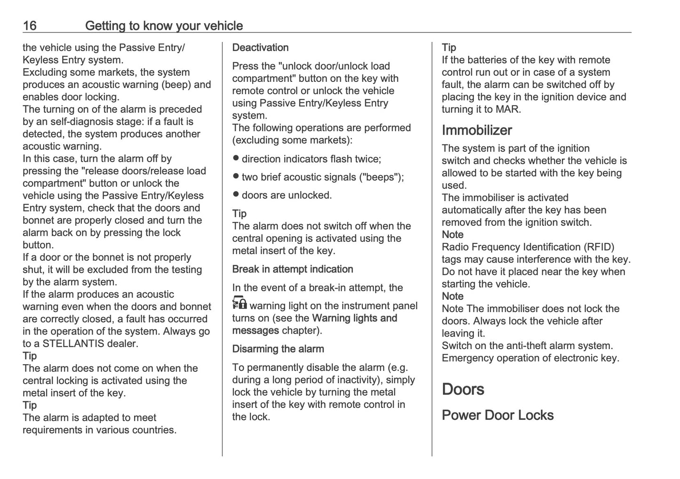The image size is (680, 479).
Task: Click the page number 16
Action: point(30,26)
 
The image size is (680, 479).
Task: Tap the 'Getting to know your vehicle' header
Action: point(164,26)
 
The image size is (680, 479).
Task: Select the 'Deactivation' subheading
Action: point(260,48)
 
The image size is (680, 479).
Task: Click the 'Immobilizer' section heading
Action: point(477,130)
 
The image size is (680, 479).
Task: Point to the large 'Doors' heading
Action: point(463,389)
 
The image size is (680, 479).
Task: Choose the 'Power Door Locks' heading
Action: point(497,415)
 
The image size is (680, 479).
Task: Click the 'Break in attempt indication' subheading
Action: point(292,269)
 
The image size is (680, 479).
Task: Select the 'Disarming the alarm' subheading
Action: point(278,349)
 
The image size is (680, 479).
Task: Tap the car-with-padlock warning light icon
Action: point(240,303)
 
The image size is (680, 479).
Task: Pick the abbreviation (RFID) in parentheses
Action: point(599,247)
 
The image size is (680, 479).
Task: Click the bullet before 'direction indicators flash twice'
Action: point(236,158)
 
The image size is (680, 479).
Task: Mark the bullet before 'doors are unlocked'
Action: point(236,194)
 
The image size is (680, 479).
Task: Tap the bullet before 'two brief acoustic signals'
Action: point(236,176)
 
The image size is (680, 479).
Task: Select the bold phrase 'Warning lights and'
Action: point(354,318)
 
